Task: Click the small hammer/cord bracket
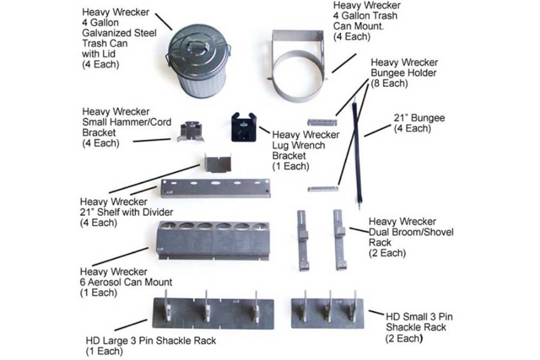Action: point(190,131)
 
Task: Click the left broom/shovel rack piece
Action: point(302,239)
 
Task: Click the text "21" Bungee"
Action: point(419,118)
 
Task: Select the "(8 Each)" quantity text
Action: point(391,83)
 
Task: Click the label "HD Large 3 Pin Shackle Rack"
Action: point(151,341)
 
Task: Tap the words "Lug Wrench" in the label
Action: point(297,145)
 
